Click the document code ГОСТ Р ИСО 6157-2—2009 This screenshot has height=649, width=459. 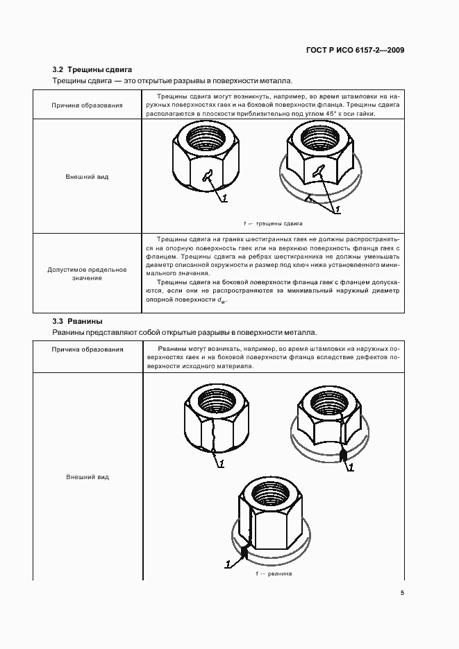click(x=355, y=51)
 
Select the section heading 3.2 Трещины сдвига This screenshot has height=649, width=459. click(x=92, y=69)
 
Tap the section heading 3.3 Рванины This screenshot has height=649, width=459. click(x=78, y=321)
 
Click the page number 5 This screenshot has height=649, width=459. click(x=402, y=592)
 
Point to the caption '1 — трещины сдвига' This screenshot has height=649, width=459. click(x=273, y=224)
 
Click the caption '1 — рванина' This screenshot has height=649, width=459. click(x=273, y=573)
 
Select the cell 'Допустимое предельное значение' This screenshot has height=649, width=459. click(x=87, y=273)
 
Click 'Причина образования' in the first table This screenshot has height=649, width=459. click(x=87, y=105)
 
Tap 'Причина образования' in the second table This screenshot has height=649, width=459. click(x=87, y=349)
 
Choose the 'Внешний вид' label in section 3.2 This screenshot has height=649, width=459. click(x=87, y=177)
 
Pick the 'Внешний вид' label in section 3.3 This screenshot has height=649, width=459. click(x=87, y=477)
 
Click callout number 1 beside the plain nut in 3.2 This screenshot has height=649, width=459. click(x=224, y=199)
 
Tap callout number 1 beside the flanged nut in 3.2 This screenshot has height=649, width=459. click(x=337, y=209)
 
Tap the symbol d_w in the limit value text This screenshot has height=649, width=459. click(x=221, y=300)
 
